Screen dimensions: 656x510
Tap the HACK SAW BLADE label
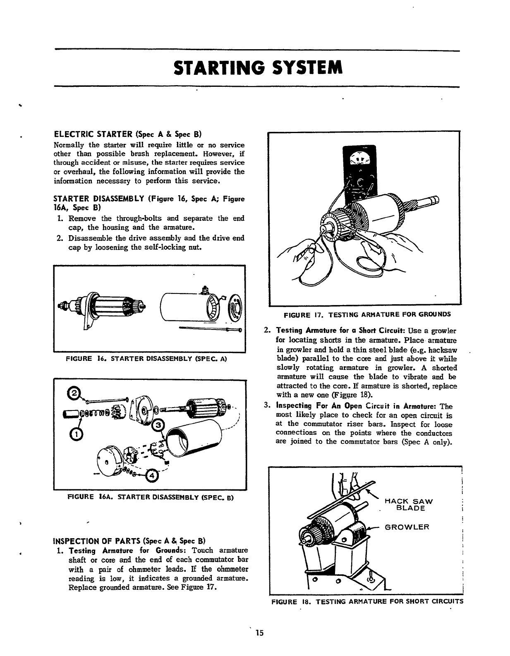coord(408,505)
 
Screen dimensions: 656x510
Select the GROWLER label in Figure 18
coord(407,527)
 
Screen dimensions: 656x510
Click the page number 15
coord(259,633)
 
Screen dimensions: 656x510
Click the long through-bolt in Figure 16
coord(211,329)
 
